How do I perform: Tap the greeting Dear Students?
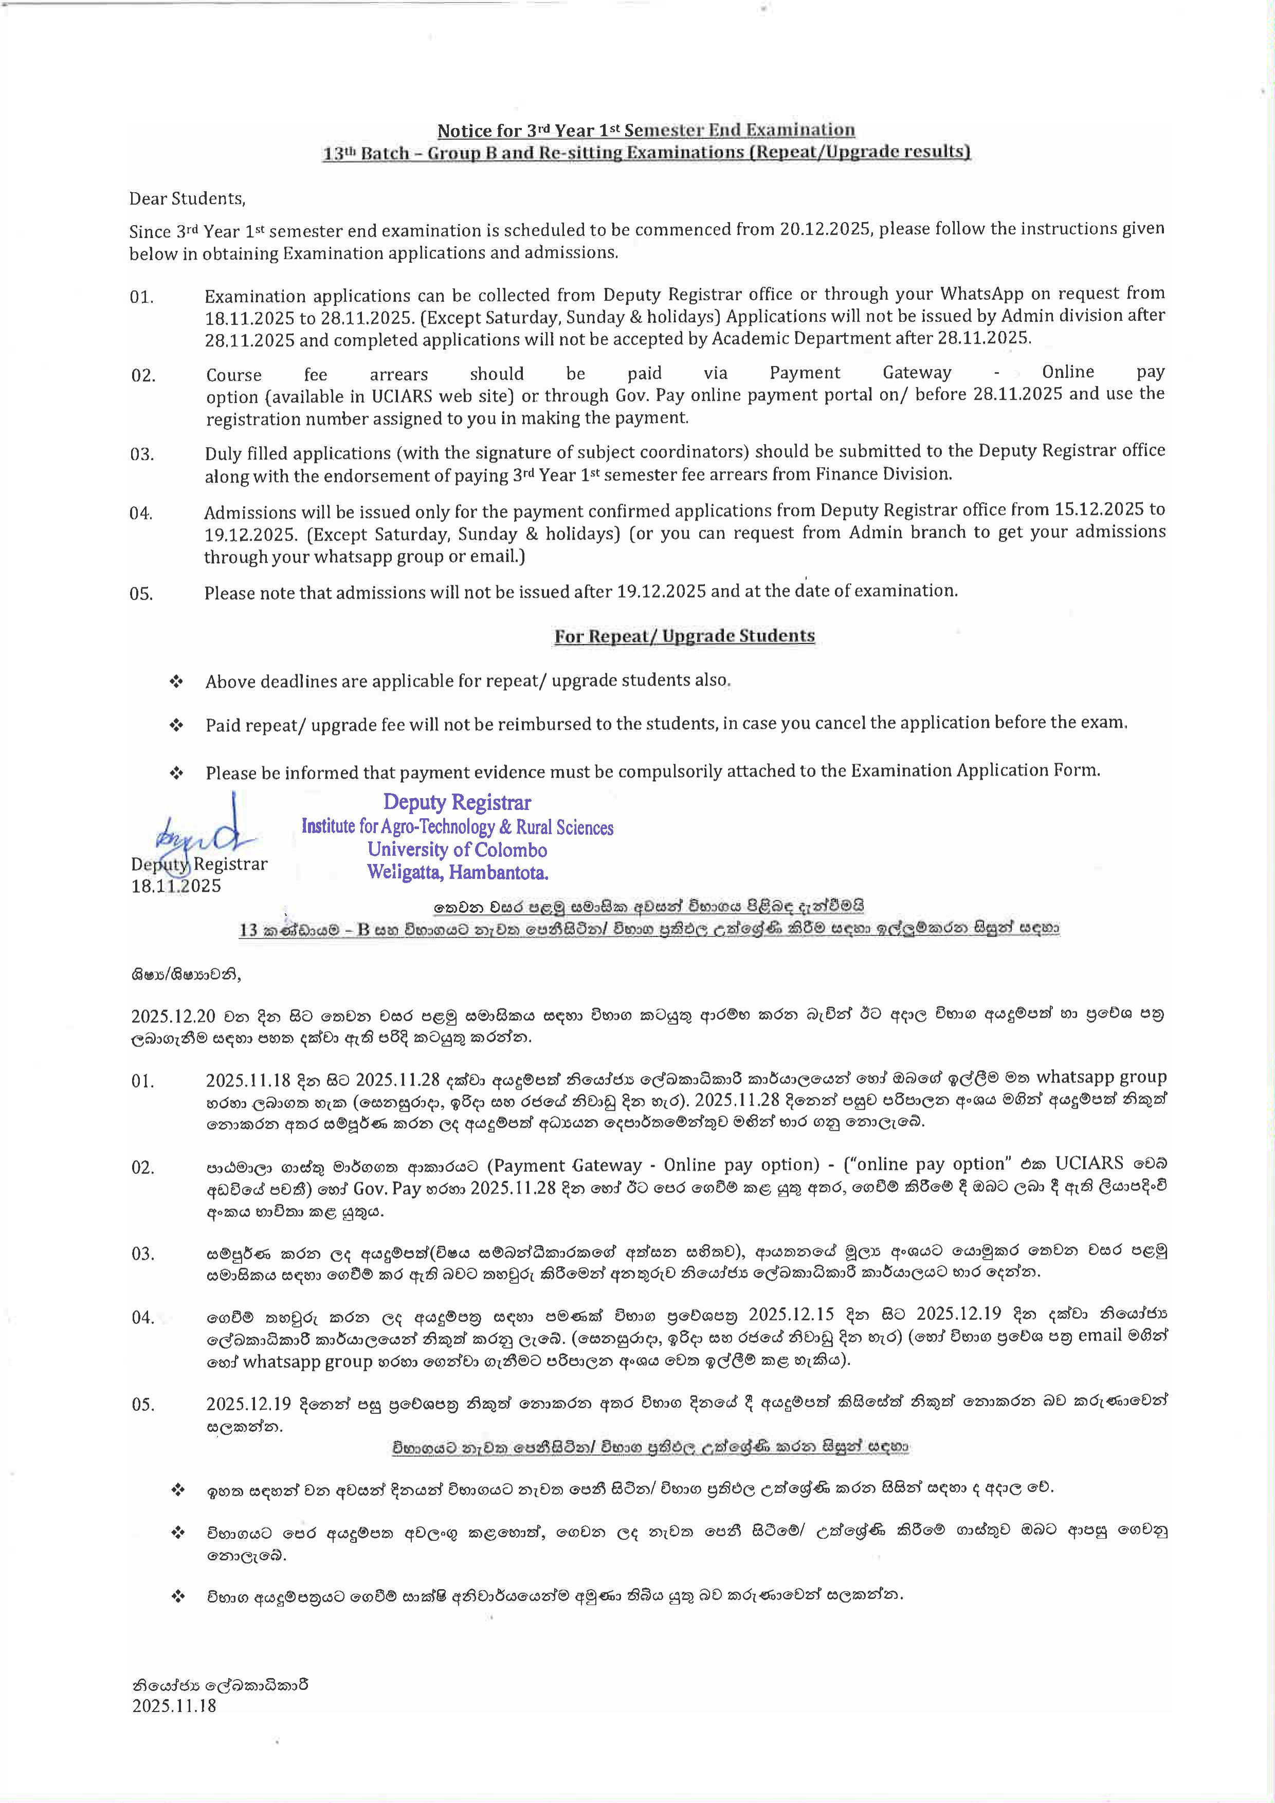(187, 199)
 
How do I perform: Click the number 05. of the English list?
(141, 594)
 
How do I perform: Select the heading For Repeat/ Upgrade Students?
(684, 636)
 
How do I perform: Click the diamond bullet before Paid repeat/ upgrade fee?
(177, 725)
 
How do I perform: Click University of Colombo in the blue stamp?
(457, 851)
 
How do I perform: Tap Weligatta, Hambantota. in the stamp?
(457, 872)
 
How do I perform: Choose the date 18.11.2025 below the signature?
(176, 886)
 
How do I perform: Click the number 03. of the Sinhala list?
(143, 1254)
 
